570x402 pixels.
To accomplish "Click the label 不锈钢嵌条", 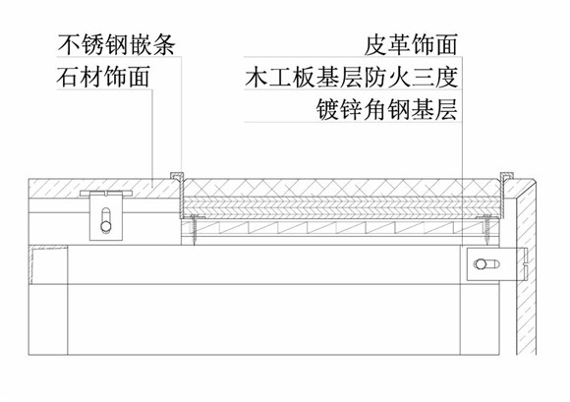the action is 116,45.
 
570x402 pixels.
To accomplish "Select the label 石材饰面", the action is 103,77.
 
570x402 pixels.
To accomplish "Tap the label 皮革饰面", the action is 411,45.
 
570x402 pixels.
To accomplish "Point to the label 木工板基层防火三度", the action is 351,77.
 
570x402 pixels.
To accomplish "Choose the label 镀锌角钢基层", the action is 386,109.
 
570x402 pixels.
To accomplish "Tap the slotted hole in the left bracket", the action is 106,219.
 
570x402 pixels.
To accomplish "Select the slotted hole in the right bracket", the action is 485,264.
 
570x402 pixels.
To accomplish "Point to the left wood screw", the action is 194,229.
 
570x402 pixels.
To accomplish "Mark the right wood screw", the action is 486,229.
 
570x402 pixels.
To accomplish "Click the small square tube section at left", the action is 48,265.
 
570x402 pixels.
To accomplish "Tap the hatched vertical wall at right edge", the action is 527,276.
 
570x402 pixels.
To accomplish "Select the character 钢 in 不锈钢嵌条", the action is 116,45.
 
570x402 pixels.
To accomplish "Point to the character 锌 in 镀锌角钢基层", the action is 351,109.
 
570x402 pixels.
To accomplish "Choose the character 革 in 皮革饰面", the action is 399,45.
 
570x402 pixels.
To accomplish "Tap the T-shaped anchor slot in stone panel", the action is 106,193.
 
